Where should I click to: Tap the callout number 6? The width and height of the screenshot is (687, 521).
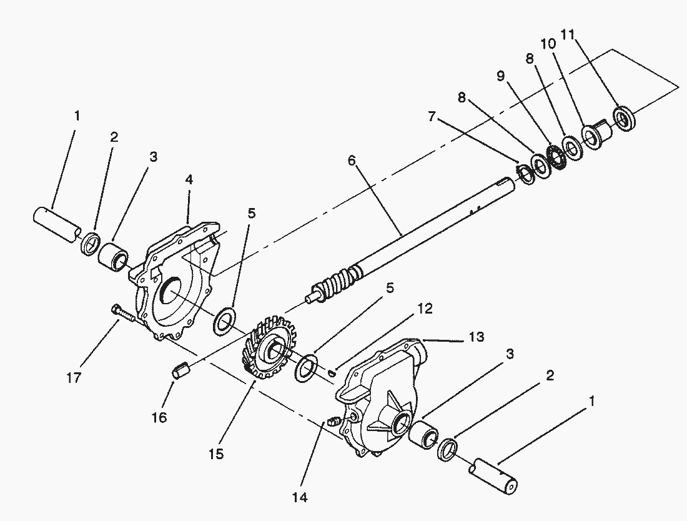pyautogui.click(x=352, y=161)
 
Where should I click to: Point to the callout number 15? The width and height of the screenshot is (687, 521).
pyautogui.click(x=215, y=453)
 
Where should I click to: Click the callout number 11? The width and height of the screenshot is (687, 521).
pyautogui.click(x=567, y=34)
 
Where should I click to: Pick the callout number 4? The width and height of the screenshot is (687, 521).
pyautogui.click(x=189, y=179)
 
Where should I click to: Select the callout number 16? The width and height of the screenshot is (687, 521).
pyautogui.click(x=159, y=417)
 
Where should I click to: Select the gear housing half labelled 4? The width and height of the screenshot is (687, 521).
pyautogui.click(x=178, y=275)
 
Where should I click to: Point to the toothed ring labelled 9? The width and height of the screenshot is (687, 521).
pyautogui.click(x=555, y=154)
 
